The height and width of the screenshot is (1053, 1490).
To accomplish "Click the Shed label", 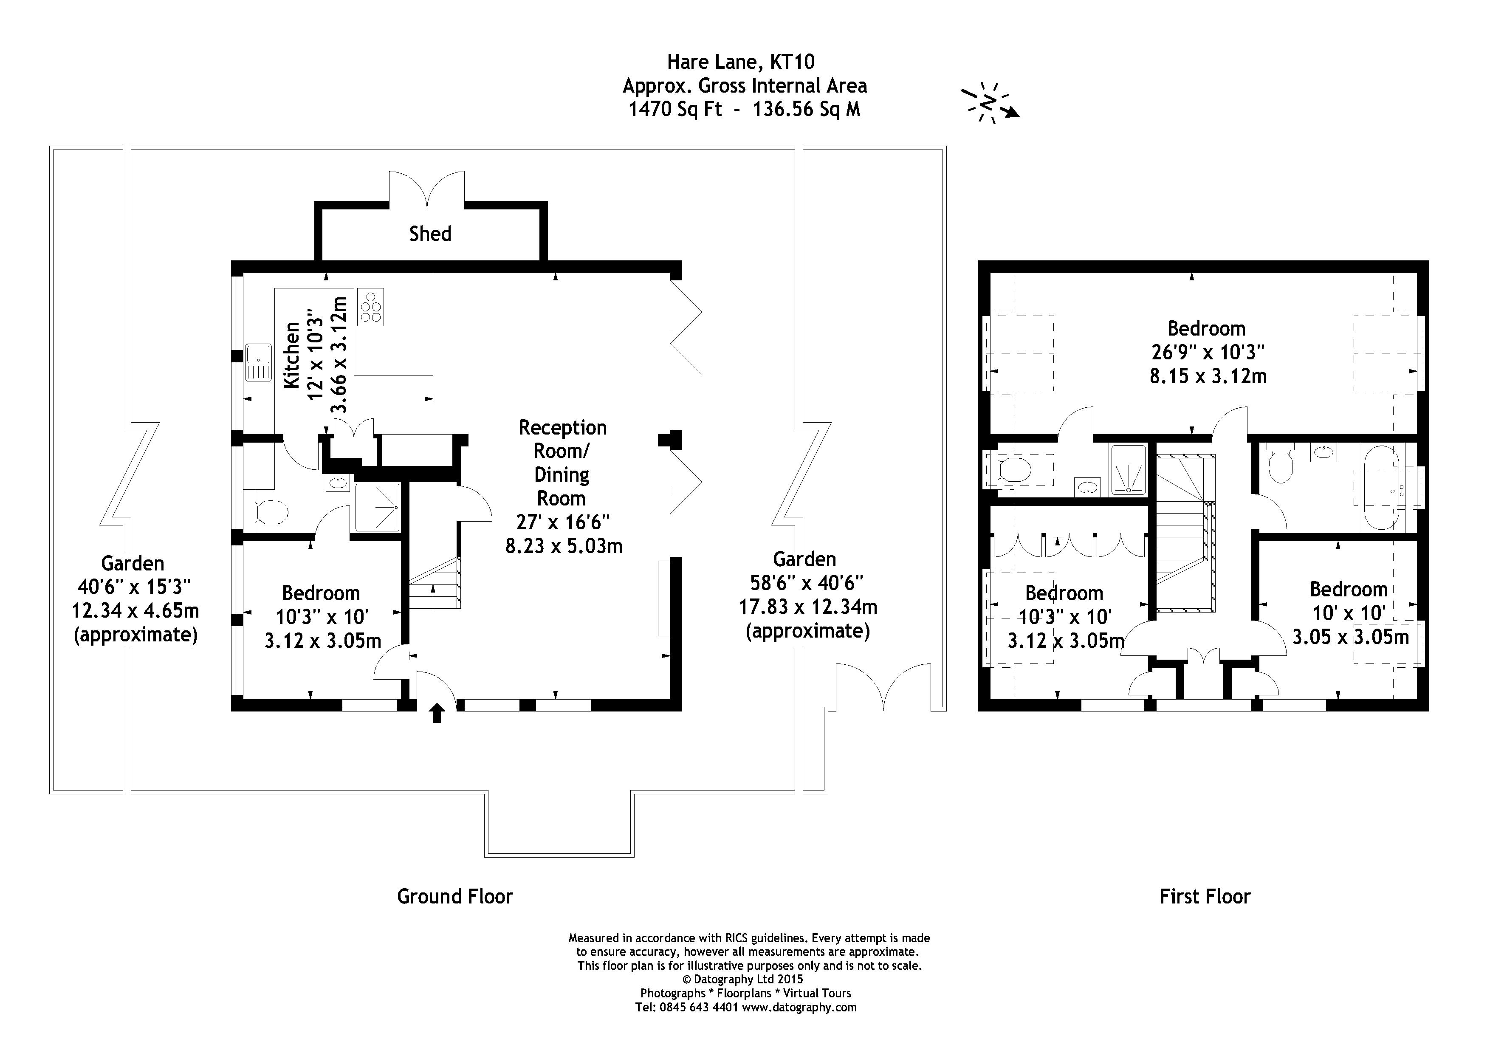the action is (x=429, y=234).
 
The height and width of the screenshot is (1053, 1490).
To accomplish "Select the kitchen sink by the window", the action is (x=258, y=363).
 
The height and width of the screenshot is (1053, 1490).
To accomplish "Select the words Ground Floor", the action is (x=454, y=897).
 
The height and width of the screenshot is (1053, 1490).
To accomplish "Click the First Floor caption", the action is (x=1205, y=897).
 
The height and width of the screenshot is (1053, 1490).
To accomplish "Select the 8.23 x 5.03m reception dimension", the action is (x=563, y=546).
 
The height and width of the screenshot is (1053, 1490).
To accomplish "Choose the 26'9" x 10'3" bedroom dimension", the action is (x=1208, y=352).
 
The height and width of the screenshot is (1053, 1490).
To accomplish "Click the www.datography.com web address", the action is (x=799, y=1008).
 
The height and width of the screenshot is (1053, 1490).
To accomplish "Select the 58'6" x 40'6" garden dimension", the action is (x=806, y=583).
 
